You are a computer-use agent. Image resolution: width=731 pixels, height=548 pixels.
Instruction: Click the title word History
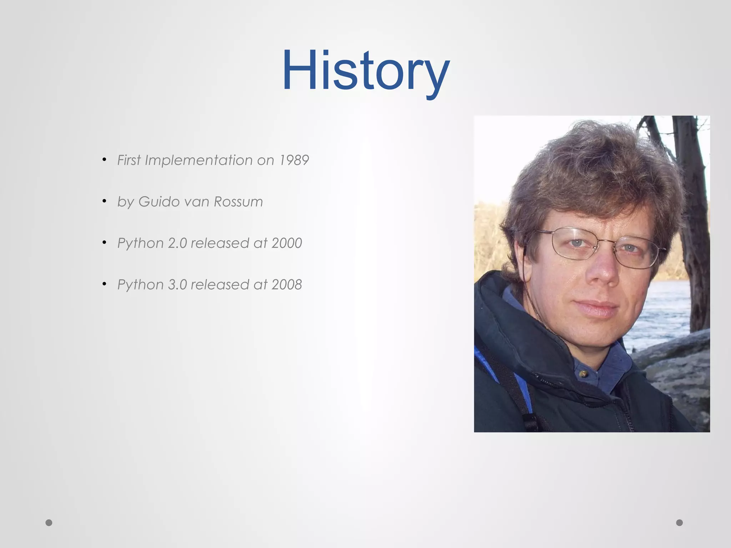pyautogui.click(x=365, y=71)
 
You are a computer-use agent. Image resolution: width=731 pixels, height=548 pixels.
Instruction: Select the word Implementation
pyautogui.click(x=199, y=160)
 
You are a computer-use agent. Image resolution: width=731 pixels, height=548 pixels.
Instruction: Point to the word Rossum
pyautogui.click(x=238, y=202)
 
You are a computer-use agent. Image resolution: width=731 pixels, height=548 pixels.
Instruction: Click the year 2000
pyautogui.click(x=287, y=243)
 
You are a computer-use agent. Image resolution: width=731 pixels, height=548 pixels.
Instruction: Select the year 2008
pyautogui.click(x=287, y=285)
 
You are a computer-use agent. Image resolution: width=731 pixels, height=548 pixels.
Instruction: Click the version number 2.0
pyautogui.click(x=177, y=243)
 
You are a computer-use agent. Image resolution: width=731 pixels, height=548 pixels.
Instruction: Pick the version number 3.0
pyautogui.click(x=177, y=285)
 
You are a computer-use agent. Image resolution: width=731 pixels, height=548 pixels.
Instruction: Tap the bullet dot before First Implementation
pyautogui.click(x=104, y=159)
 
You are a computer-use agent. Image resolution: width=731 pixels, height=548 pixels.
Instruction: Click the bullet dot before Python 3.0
pyautogui.click(x=104, y=284)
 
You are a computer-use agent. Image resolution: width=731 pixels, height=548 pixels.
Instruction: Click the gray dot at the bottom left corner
pyautogui.click(x=49, y=523)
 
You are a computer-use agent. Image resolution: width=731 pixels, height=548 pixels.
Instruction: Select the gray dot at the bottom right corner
pyautogui.click(x=680, y=523)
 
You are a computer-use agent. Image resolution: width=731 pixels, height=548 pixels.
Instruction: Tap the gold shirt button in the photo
pyautogui.click(x=583, y=374)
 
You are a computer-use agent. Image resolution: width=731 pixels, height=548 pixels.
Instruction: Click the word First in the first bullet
pyautogui.click(x=129, y=160)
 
